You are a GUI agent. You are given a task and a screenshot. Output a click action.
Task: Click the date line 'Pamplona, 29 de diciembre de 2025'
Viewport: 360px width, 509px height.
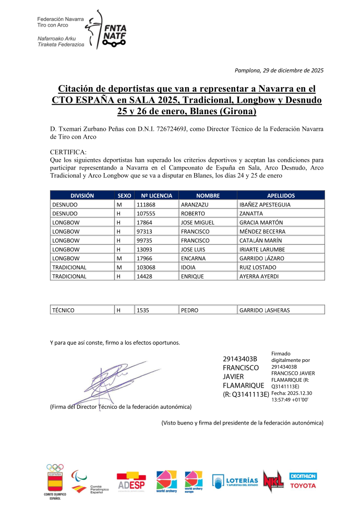click(x=279, y=70)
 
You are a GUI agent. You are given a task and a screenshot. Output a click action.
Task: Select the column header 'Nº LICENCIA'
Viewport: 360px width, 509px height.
click(x=157, y=196)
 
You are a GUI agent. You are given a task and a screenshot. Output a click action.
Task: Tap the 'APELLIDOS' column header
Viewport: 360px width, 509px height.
click(x=281, y=196)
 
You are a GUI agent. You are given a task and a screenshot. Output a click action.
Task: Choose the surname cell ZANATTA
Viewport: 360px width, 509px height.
click(x=252, y=213)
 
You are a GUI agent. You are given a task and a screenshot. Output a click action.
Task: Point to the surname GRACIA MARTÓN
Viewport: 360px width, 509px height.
click(x=261, y=223)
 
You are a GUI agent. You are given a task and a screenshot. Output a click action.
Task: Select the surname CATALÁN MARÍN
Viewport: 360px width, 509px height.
click(x=260, y=240)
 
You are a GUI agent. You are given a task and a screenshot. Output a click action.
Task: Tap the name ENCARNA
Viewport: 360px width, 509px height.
click(x=194, y=258)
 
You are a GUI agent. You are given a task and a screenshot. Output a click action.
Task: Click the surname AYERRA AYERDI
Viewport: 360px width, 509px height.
click(x=259, y=276)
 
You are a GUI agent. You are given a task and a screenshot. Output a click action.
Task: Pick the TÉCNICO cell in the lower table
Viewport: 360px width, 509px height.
click(x=64, y=310)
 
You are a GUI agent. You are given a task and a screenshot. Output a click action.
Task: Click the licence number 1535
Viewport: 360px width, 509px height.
click(x=142, y=310)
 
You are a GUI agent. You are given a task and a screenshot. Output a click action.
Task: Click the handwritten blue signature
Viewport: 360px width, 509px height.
click(x=104, y=378)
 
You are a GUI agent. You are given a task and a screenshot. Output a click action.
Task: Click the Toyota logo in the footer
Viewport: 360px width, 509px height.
click(x=303, y=486)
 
